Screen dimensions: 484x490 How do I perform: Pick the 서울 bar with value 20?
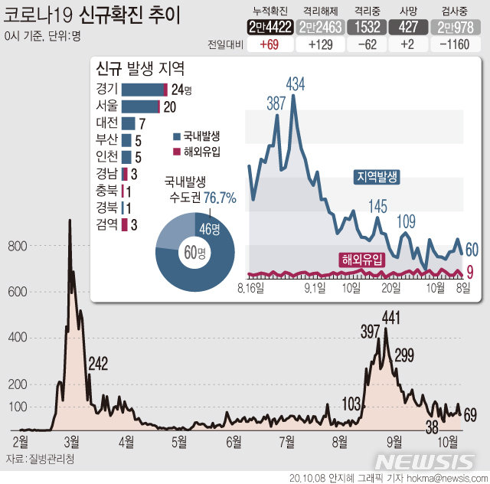tap(140, 106)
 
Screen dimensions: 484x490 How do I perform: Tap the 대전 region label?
tap(107, 123)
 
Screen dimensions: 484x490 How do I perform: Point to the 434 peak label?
tap(296, 83)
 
